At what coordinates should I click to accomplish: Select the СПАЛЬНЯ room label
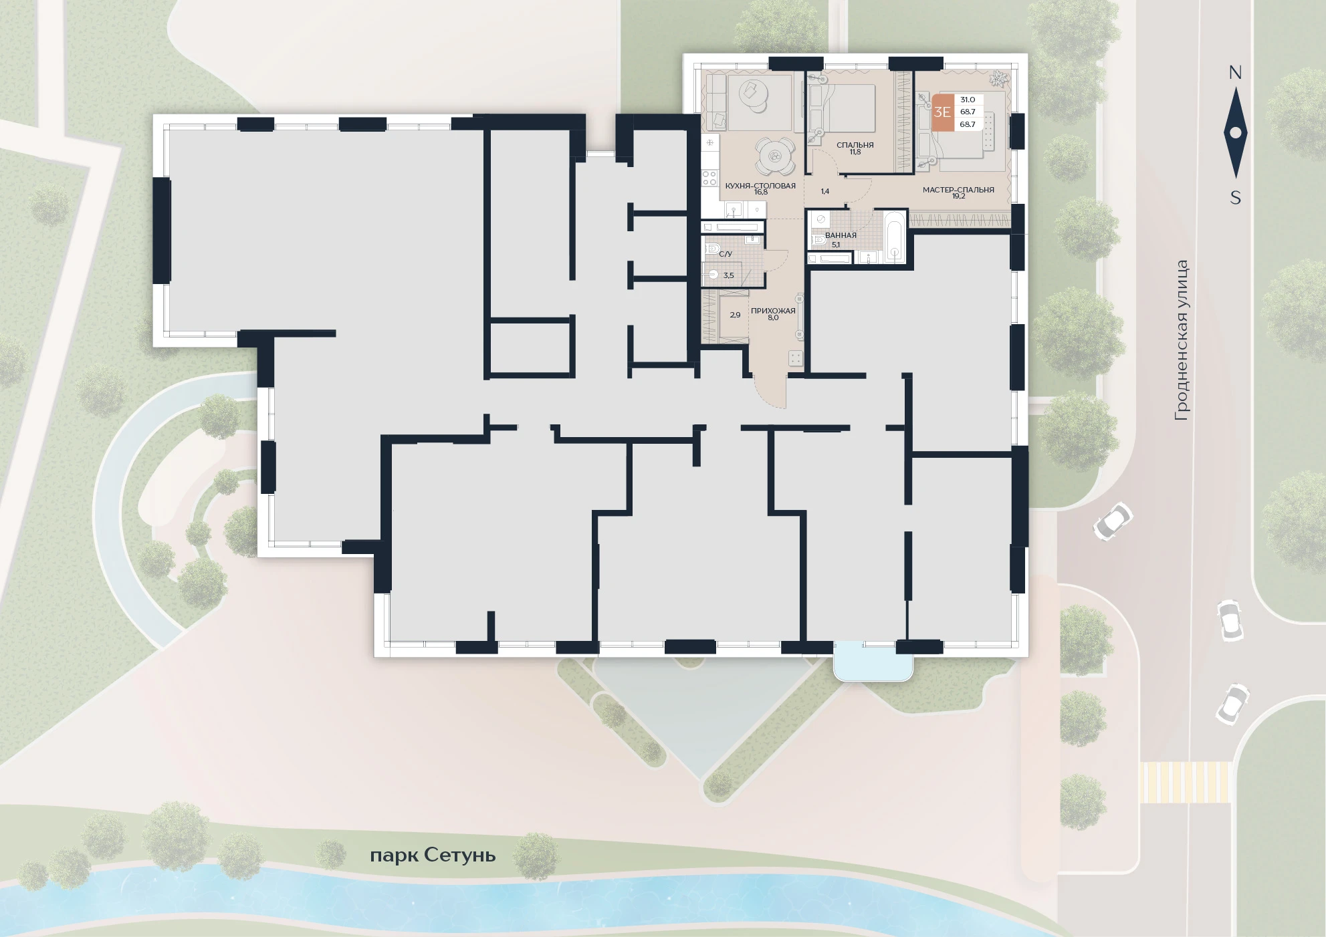point(855,145)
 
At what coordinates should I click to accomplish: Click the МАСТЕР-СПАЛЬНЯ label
point(958,190)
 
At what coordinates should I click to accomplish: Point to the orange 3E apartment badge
point(942,112)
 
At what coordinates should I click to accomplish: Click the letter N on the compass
point(1235,73)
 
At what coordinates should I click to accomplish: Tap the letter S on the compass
point(1236,198)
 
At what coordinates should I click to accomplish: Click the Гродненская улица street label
point(1182,340)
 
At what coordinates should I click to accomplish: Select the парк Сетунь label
point(433,855)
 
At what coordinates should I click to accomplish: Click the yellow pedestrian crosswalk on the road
point(1185,782)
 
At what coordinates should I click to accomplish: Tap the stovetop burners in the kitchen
point(709,178)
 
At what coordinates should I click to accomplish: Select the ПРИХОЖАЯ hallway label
point(773,311)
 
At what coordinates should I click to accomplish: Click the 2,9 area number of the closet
point(735,315)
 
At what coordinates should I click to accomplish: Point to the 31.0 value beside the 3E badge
point(968,100)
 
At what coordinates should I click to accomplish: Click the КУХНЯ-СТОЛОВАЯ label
point(760,186)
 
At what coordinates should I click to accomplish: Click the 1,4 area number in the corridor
point(825,191)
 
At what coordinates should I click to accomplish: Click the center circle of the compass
point(1236,132)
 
